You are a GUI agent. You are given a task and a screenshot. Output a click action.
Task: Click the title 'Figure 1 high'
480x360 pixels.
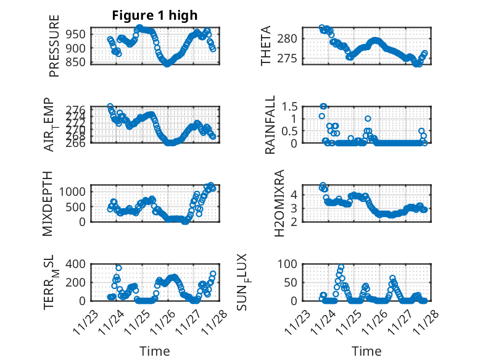coord(155,16)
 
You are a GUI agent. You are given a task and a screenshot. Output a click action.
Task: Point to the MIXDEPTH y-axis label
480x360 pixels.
coord(48,203)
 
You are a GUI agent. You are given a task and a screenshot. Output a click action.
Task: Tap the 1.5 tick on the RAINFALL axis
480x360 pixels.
coord(290,106)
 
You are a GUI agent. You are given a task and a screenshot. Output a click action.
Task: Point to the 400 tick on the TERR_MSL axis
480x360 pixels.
coord(77,264)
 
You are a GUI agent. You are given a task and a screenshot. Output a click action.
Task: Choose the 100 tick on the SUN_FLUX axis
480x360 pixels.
coord(289,264)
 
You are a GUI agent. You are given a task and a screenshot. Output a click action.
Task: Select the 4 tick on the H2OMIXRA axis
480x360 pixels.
coord(295,194)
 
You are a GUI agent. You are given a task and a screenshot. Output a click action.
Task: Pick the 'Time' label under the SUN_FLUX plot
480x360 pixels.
coord(366,351)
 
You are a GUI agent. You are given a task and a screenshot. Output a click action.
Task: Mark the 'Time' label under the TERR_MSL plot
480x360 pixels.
coord(154,351)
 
